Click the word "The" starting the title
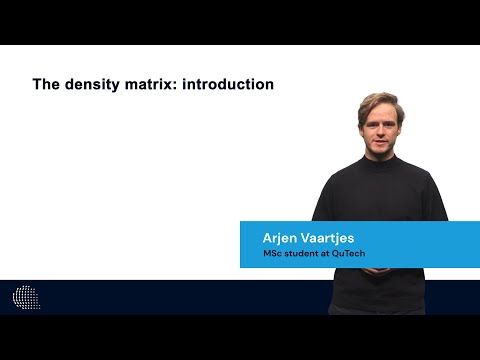point(46,85)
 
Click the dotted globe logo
point(26,297)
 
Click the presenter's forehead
point(378,112)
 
